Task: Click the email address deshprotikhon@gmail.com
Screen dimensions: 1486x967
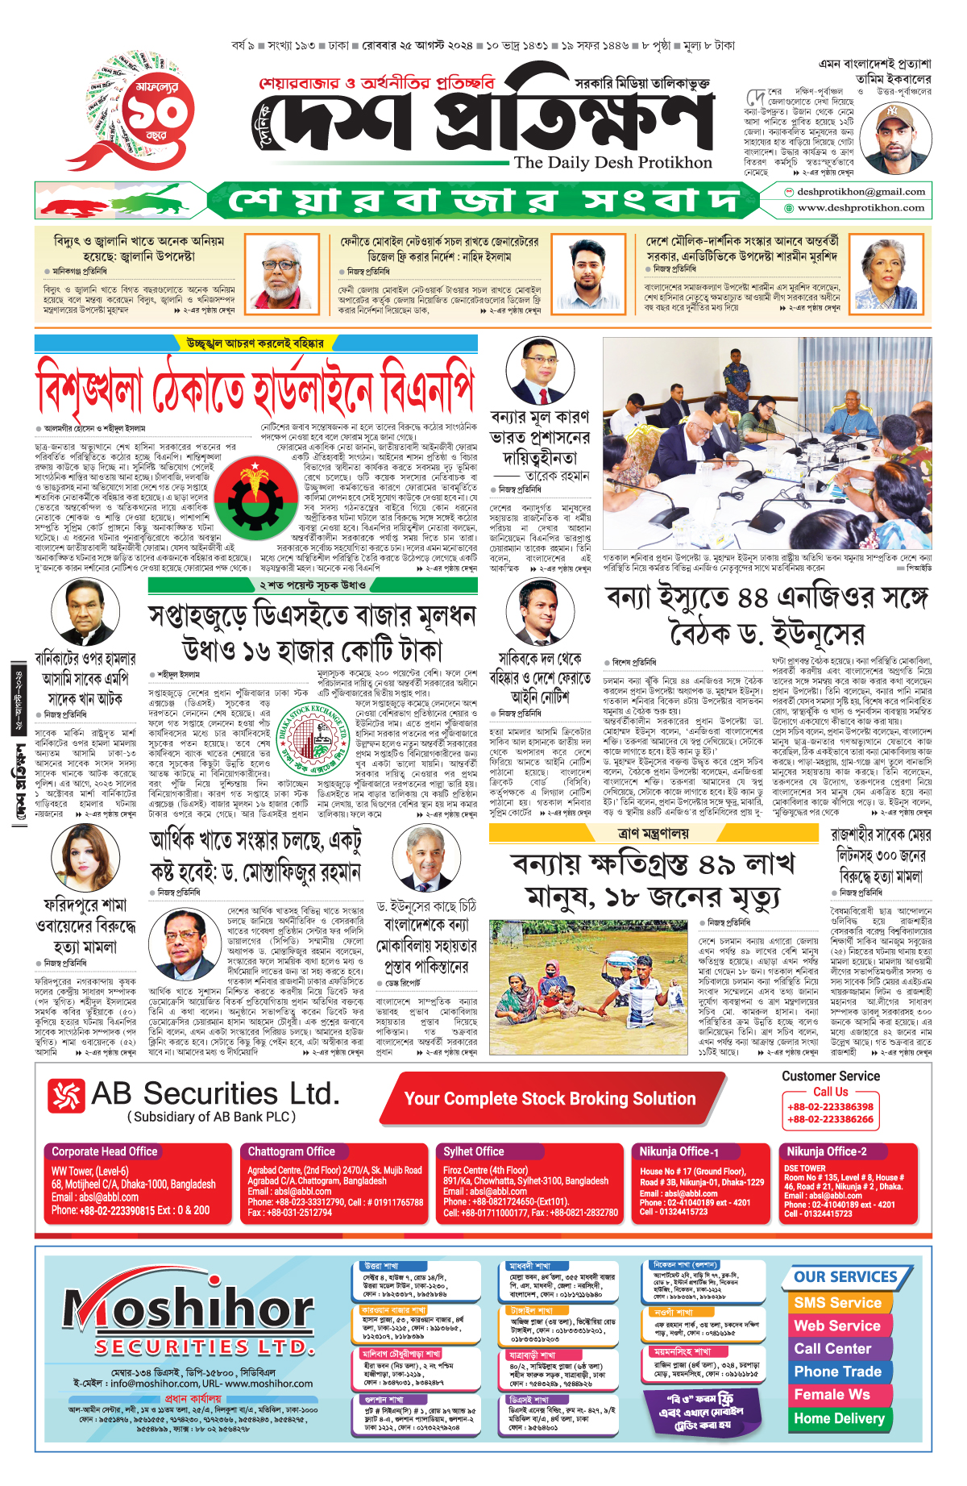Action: click(x=860, y=192)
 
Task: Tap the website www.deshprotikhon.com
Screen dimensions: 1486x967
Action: click(x=860, y=208)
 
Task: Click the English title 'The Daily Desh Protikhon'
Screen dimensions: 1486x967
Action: click(x=612, y=163)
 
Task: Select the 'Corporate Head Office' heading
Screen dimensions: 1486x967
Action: click(x=105, y=1151)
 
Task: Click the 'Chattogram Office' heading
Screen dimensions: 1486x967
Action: click(x=291, y=1151)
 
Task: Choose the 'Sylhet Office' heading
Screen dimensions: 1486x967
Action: click(x=473, y=1151)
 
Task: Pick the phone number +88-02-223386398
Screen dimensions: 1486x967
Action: click(x=830, y=1107)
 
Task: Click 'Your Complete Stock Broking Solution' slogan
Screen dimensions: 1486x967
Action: click(x=550, y=1098)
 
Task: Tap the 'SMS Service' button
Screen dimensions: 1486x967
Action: click(x=837, y=1303)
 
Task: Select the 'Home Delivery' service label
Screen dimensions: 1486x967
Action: click(x=839, y=1418)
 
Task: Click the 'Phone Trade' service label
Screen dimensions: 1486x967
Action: click(x=837, y=1372)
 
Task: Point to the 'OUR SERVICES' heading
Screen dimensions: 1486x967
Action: click(x=845, y=1277)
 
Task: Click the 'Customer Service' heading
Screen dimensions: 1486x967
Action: click(x=831, y=1076)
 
